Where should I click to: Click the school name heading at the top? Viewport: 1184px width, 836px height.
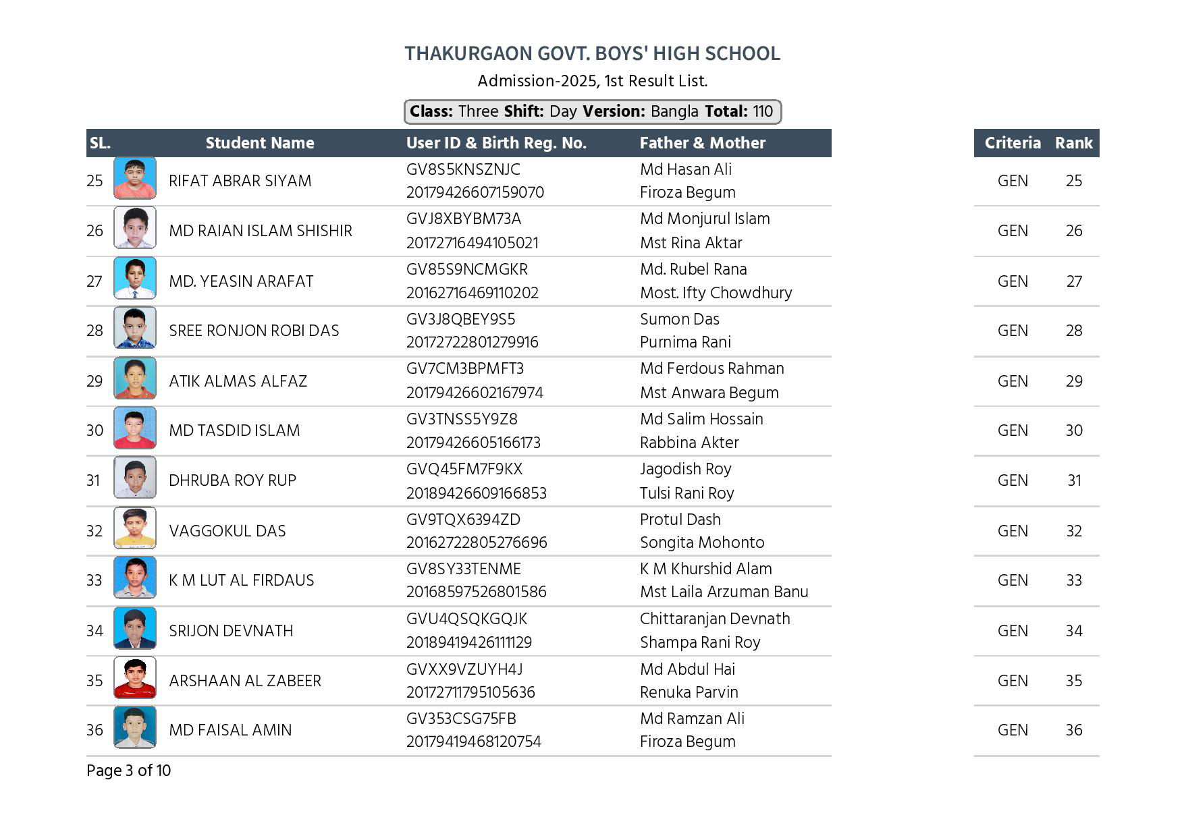(x=592, y=53)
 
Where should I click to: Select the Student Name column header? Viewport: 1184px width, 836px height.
(x=260, y=143)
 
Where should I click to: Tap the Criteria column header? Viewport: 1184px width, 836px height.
(x=1012, y=143)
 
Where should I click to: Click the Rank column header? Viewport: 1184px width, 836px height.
(x=1073, y=143)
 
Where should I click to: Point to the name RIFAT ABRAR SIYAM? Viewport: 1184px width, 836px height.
(x=240, y=181)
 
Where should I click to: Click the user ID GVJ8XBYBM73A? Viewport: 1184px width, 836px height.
(x=463, y=219)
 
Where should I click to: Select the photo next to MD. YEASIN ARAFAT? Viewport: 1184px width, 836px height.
(x=135, y=278)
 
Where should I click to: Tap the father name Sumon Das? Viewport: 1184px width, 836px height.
(x=679, y=319)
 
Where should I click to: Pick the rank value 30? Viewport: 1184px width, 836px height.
(x=1073, y=430)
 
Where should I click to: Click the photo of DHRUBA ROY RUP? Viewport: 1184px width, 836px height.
(x=135, y=478)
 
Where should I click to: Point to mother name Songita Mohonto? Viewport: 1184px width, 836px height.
(x=701, y=542)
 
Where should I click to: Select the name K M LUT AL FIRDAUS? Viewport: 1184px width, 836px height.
(x=241, y=580)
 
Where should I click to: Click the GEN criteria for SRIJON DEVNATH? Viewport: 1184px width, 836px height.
(x=1012, y=631)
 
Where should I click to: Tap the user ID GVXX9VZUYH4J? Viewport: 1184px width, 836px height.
(x=464, y=669)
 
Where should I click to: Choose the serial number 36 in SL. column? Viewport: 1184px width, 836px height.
(x=95, y=730)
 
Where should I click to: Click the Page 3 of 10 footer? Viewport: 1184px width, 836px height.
(x=128, y=771)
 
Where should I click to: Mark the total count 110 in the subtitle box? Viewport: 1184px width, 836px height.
(x=763, y=111)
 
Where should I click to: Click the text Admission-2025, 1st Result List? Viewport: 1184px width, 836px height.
(x=592, y=81)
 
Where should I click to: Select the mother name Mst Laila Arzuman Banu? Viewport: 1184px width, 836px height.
(x=724, y=592)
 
